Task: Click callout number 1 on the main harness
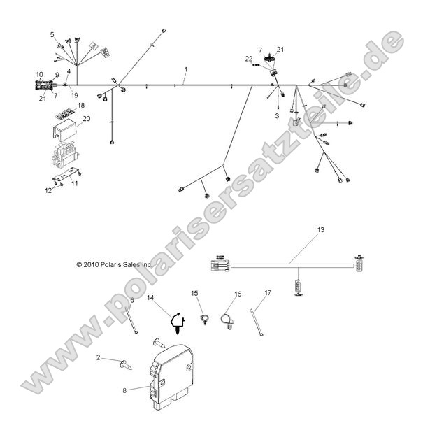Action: coord(186,70)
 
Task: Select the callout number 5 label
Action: coord(52,34)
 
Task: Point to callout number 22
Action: coord(248,59)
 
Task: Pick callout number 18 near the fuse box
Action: coord(81,105)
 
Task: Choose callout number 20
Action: coord(87,119)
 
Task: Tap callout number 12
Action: coord(48,190)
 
